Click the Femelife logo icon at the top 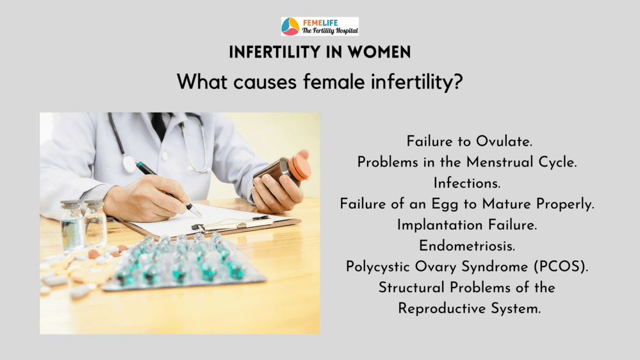[x=290, y=26]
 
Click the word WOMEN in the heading [x=379, y=53]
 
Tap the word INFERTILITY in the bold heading [x=275, y=53]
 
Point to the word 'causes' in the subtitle [x=265, y=81]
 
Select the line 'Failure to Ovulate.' [x=470, y=141]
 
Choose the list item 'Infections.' [x=467, y=183]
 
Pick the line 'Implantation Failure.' [x=467, y=225]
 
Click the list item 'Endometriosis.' [x=467, y=246]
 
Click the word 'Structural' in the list [x=411, y=288]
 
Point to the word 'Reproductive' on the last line [x=442, y=309]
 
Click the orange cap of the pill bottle [x=299, y=165]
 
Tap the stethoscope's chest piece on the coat [x=129, y=163]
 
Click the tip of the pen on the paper [x=201, y=216]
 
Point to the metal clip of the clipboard [x=231, y=223]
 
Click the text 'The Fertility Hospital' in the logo [x=330, y=31]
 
